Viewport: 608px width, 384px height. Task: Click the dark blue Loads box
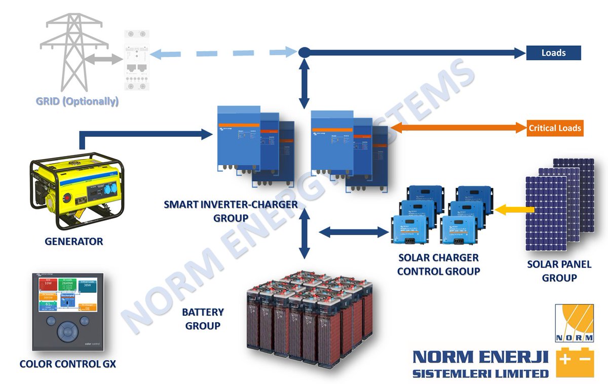tap(553, 53)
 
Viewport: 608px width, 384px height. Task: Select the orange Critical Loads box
tap(554, 128)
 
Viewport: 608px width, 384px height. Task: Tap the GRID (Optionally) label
tap(77, 101)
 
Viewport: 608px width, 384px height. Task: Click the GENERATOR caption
tap(73, 242)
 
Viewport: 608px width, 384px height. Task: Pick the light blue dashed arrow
tap(223, 52)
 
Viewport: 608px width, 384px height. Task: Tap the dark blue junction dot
tap(304, 52)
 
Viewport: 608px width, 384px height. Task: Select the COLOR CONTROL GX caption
tap(67, 364)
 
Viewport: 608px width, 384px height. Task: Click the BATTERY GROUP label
tap(203, 319)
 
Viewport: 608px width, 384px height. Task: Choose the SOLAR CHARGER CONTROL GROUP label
tap(438, 264)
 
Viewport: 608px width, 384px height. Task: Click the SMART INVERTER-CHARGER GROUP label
tap(231, 211)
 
